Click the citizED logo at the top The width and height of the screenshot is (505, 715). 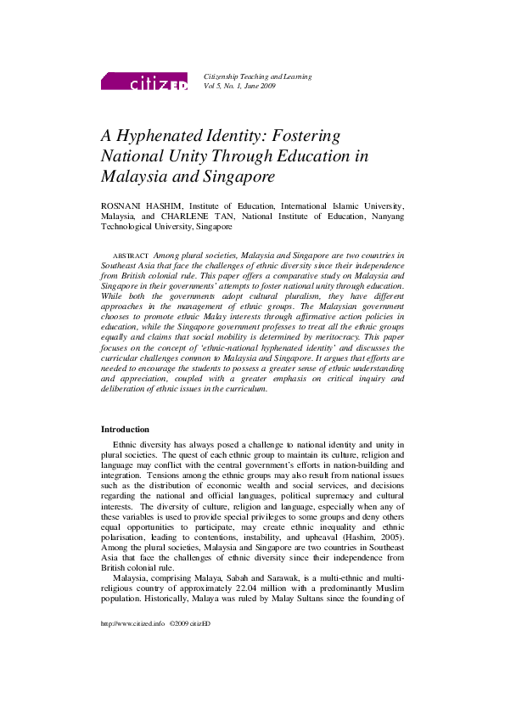143,82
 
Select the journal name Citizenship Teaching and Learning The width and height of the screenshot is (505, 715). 257,76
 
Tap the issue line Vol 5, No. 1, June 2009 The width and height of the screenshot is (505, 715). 239,87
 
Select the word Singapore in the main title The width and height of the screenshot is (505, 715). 234,177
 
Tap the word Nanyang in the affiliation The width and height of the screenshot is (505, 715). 387,217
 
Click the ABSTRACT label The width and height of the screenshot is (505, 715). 131,256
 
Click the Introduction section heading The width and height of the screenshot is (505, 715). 125,430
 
